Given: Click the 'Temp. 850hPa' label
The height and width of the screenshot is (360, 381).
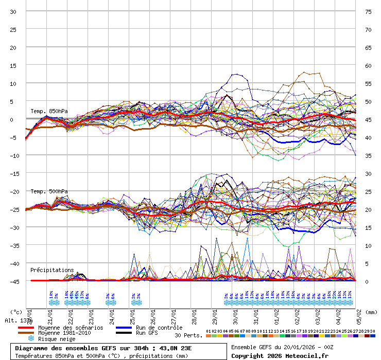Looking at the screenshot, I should coord(49,112).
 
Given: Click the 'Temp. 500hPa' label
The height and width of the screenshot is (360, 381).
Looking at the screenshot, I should coord(49,191).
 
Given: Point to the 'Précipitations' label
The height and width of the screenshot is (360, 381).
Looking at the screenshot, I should coord(52,270).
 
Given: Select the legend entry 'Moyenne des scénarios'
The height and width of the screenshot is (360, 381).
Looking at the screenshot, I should coord(71,328).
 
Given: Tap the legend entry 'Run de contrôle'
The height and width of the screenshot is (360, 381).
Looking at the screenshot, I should coord(159,328).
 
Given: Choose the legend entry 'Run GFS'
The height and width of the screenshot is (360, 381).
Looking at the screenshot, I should coord(148,333).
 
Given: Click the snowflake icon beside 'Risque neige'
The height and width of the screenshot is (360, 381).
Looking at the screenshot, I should coord(31,339).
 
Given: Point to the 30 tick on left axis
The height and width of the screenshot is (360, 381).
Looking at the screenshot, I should coord(13,11).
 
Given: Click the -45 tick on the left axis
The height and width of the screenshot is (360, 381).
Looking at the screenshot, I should coord(13,281).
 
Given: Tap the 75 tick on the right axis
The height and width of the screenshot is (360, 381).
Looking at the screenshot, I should coord(368,11).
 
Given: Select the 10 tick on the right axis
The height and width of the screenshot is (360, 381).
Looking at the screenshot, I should coord(368,245).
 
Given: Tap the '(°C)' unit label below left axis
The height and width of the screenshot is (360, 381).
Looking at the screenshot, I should coord(16,312).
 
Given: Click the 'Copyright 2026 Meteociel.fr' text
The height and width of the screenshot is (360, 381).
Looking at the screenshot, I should coord(280,355).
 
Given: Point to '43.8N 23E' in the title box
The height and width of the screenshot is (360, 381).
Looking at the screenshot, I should coord(176,348).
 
